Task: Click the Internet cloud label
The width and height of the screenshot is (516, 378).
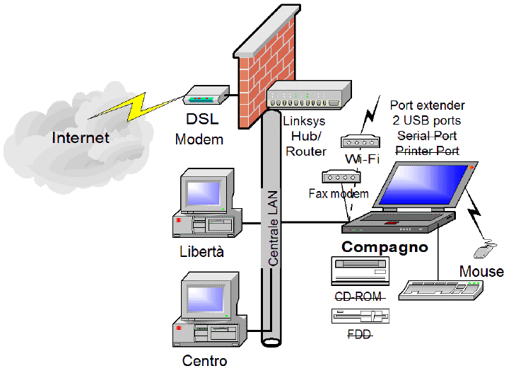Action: pyautogui.click(x=81, y=137)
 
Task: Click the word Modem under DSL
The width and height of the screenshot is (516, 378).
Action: pyautogui.click(x=199, y=139)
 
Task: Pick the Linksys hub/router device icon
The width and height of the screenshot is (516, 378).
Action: pyautogui.click(x=309, y=95)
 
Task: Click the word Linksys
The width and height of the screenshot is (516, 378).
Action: pyautogui.click(x=305, y=121)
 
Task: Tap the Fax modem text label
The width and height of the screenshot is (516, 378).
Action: pyautogui.click(x=339, y=193)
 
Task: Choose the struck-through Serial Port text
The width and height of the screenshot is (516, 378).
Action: pyautogui.click(x=427, y=135)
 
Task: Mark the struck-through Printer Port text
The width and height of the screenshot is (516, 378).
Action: pyautogui.click(x=427, y=151)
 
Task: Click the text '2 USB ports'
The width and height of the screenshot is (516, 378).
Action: pyautogui.click(x=427, y=120)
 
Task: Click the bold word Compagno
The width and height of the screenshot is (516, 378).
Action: pyautogui.click(x=385, y=247)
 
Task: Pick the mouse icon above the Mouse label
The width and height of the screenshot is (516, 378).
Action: pyautogui.click(x=483, y=250)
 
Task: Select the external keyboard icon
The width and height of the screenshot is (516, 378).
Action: pyautogui.click(x=442, y=289)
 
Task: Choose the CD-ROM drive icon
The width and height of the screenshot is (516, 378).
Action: pyautogui.click(x=360, y=271)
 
